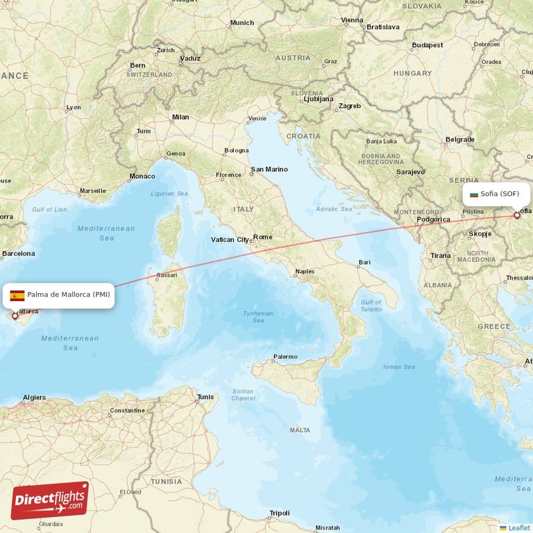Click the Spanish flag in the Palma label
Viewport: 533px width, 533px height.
(x=17, y=295)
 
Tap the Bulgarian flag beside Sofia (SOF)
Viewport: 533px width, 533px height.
(x=474, y=194)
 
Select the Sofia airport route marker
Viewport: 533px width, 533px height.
(x=516, y=215)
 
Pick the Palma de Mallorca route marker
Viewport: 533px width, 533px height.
(x=15, y=316)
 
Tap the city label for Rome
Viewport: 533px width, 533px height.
(x=263, y=237)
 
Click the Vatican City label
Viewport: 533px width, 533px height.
(x=230, y=239)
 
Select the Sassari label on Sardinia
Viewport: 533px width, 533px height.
(x=167, y=274)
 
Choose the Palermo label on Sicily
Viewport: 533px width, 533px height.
(x=285, y=356)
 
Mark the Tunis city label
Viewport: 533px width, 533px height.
(x=205, y=397)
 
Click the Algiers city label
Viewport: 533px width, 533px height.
(x=34, y=398)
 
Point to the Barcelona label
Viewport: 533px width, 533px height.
(x=18, y=253)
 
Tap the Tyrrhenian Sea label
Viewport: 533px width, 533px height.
(x=258, y=316)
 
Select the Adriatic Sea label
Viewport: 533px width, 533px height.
(x=334, y=209)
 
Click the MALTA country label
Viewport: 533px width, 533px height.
(x=299, y=430)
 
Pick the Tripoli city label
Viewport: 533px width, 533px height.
(x=279, y=513)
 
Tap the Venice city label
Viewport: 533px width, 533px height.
(x=257, y=119)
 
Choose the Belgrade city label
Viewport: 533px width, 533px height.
(x=460, y=139)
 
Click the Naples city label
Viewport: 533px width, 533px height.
(x=304, y=271)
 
